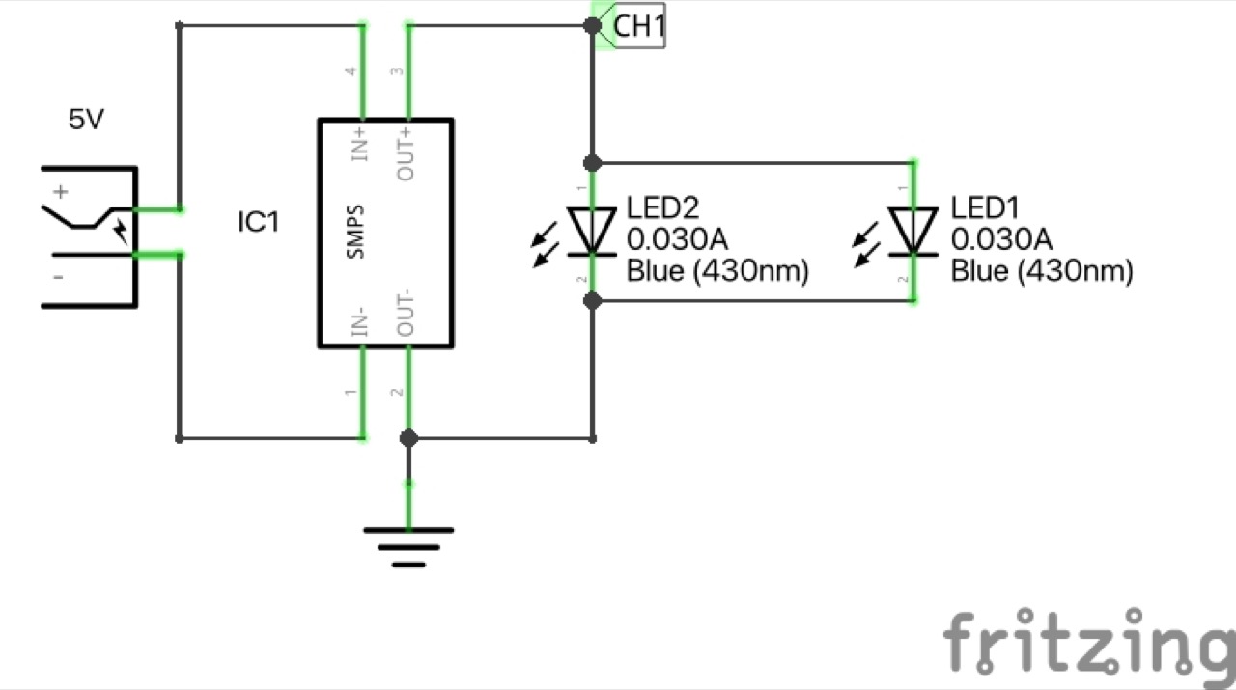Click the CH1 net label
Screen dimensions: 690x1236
point(638,26)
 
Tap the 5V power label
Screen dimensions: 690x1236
point(86,121)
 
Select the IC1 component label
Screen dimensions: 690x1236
point(258,223)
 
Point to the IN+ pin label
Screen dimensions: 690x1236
point(358,143)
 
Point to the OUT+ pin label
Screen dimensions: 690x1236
point(407,152)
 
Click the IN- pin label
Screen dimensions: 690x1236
point(358,321)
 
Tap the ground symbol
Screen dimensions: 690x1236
point(408,545)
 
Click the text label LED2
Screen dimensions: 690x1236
point(662,208)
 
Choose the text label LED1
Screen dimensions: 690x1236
point(985,208)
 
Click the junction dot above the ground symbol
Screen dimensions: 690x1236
point(408,438)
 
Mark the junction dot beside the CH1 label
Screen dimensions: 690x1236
point(593,25)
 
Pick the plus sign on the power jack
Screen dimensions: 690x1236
point(62,192)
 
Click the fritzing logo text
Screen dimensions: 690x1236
point(1087,643)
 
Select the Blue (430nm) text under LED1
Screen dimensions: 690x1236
point(1041,271)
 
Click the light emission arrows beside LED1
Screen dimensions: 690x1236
point(865,243)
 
